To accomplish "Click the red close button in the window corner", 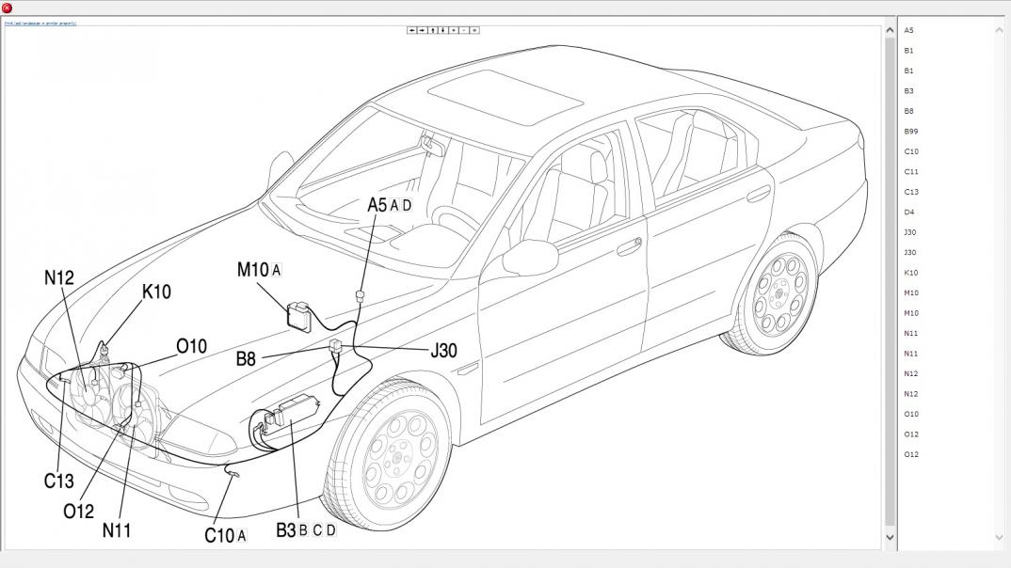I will (x=8, y=8).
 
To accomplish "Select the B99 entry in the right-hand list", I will (x=911, y=132).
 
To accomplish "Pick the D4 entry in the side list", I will (x=909, y=213).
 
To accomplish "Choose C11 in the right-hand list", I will (x=911, y=172).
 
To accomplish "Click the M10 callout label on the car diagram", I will (x=253, y=270).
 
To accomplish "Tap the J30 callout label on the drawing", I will (x=443, y=351).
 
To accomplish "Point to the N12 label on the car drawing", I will (x=58, y=278).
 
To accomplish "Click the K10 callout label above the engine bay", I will (x=156, y=292).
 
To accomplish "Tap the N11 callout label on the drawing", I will (x=117, y=530).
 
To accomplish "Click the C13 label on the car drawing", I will (x=58, y=481).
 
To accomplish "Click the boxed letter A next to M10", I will (x=277, y=271).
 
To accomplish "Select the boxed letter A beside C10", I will (x=242, y=536).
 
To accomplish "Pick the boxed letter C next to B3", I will (x=317, y=530).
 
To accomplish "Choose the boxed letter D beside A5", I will (x=407, y=206).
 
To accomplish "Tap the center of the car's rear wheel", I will (x=779, y=294).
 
